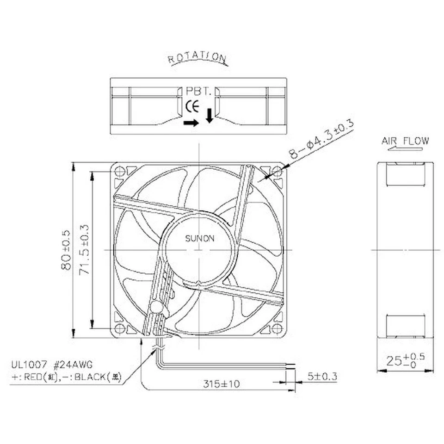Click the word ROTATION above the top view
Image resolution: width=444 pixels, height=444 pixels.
click(197, 58)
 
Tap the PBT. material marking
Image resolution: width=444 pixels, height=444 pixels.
click(198, 92)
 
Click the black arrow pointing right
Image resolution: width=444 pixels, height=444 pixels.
click(190, 123)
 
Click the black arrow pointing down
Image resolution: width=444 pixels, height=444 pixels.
click(210, 116)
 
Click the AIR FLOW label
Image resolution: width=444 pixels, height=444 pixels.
click(405, 141)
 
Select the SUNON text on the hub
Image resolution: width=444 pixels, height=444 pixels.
click(200, 239)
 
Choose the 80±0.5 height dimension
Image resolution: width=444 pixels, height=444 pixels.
click(66, 250)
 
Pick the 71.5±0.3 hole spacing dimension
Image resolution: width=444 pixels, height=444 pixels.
click(85, 250)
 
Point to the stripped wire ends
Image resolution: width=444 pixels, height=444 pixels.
click(290, 366)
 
